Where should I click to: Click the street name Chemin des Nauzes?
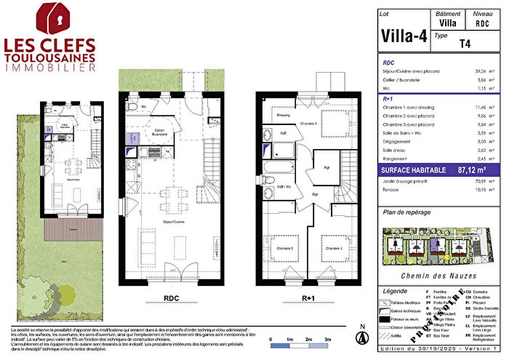click(x=439, y=276)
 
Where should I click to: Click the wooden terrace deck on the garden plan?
click(x=71, y=231)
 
